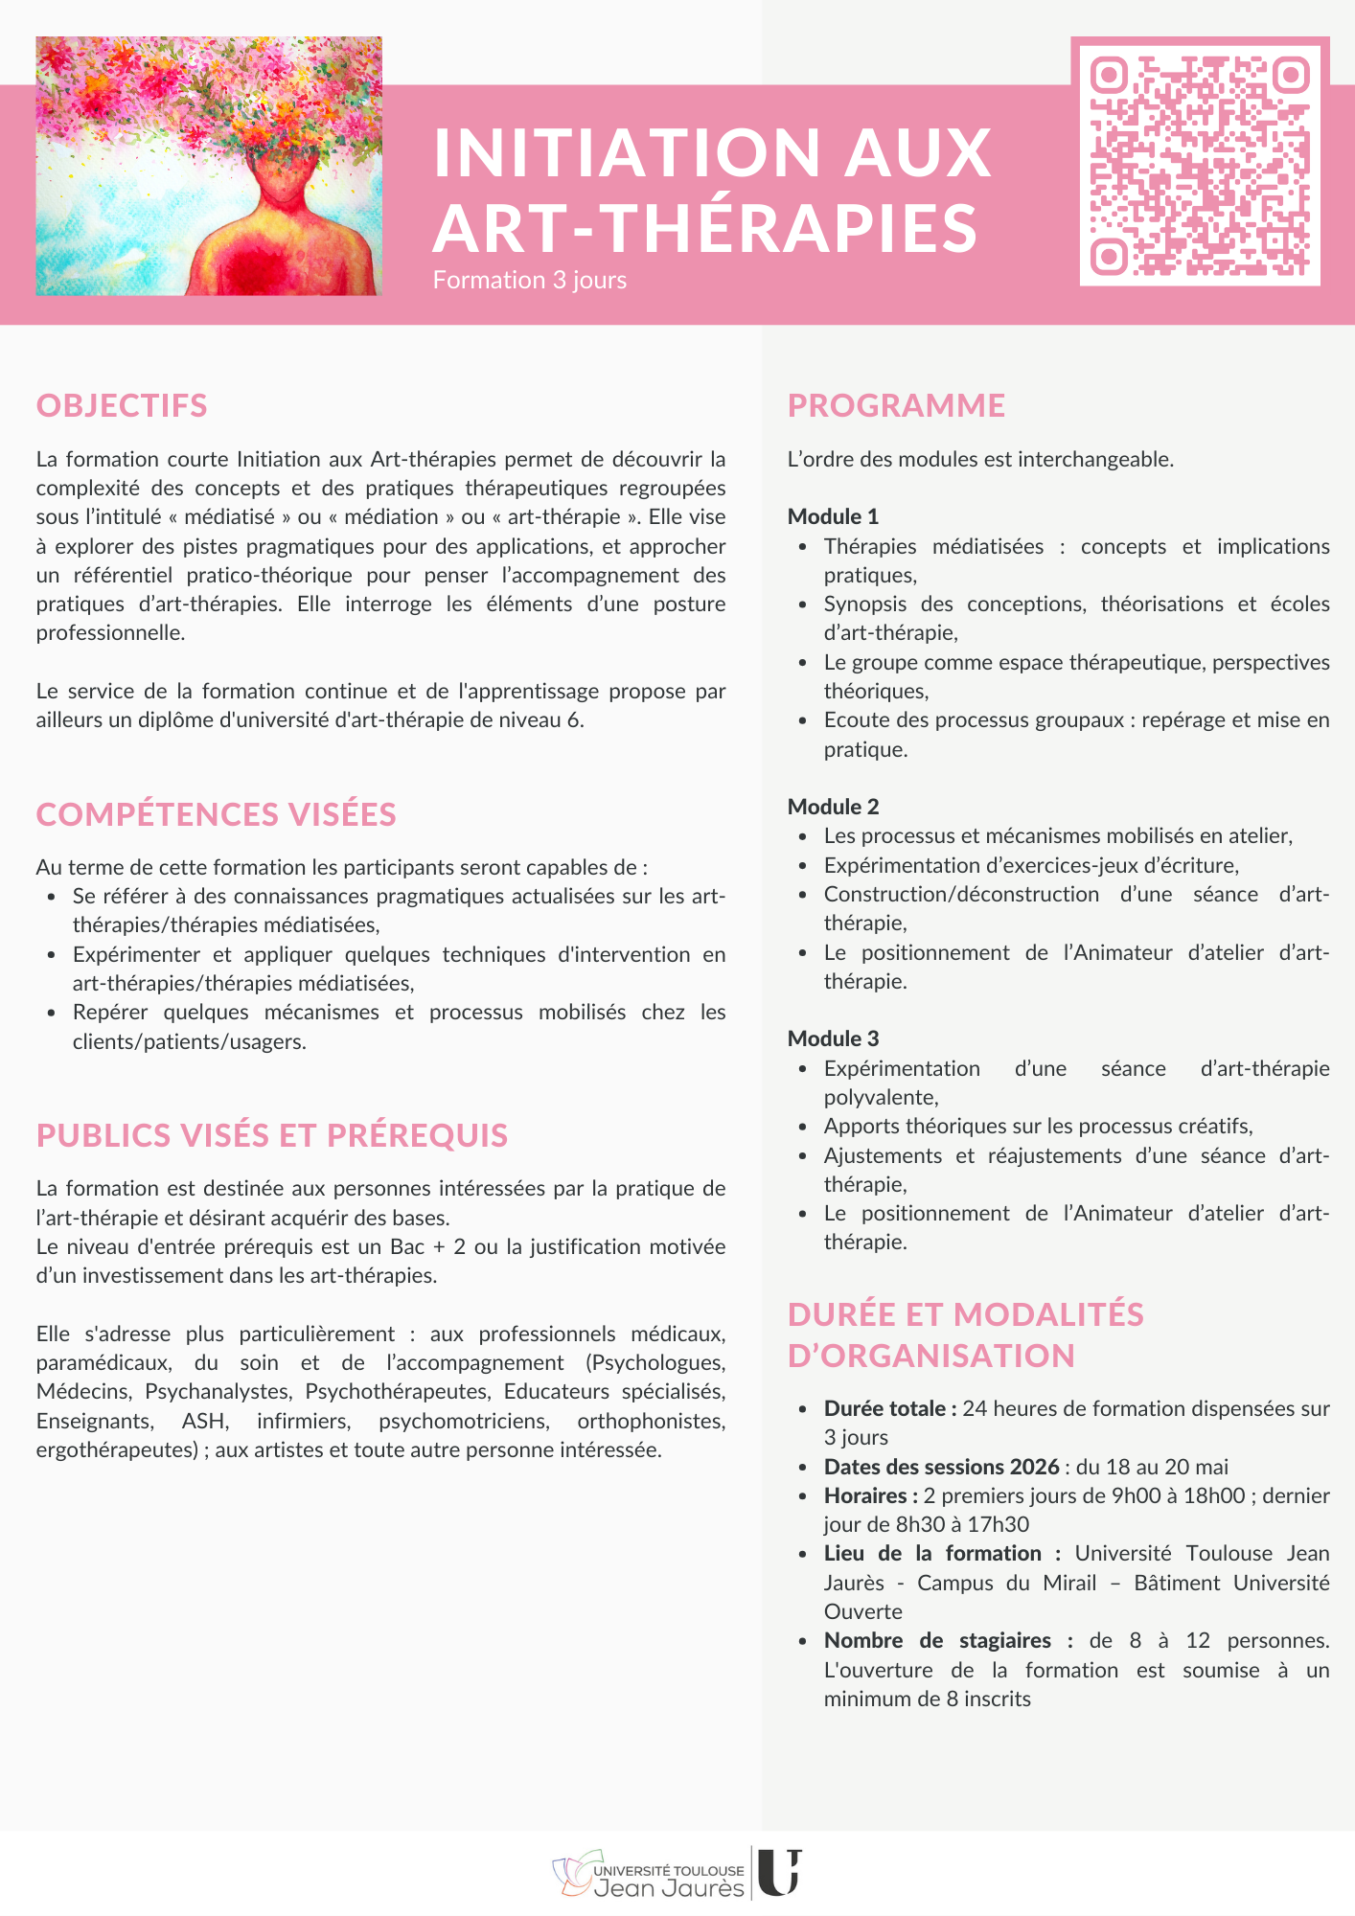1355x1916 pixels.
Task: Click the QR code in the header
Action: [x=1200, y=161]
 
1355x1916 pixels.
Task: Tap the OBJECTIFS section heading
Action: [x=122, y=405]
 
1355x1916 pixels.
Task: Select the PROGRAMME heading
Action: [x=896, y=405]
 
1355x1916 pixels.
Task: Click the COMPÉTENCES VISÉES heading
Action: [x=216, y=814]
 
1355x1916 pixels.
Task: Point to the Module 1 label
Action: [x=833, y=516]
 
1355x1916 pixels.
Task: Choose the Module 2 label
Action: [x=833, y=807]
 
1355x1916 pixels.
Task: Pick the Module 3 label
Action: [x=833, y=1038]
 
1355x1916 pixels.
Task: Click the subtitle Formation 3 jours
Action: [x=529, y=280]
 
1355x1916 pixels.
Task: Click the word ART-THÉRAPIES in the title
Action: [x=705, y=228]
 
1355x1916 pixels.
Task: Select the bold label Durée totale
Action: [x=889, y=1408]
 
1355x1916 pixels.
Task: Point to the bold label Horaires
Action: [x=870, y=1495]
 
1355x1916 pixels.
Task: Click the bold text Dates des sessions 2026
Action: [x=941, y=1467]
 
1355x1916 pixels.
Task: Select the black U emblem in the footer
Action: [x=779, y=1872]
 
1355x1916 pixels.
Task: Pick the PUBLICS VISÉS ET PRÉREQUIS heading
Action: [x=272, y=1135]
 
